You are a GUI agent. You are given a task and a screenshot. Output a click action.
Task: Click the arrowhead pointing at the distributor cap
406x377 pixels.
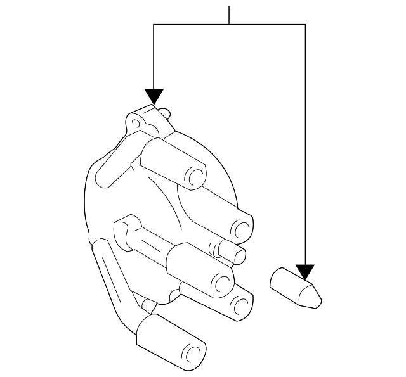[x=154, y=97]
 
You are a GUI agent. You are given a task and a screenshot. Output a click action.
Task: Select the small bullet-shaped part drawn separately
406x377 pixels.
[x=294, y=288]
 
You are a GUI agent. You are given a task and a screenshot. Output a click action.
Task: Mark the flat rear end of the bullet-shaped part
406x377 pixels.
[x=275, y=279]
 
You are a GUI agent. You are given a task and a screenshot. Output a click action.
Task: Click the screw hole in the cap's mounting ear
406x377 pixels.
[x=134, y=121]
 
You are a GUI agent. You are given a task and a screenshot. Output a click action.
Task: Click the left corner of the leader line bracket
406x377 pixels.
[x=154, y=24]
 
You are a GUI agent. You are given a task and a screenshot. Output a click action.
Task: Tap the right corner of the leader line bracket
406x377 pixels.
[x=305, y=24]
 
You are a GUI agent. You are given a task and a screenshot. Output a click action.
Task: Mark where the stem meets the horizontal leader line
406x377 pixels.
[x=229, y=24]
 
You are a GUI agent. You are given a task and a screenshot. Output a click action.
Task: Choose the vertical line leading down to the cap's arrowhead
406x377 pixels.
[x=154, y=57]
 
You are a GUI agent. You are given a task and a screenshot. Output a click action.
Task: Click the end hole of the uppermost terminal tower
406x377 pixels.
[x=197, y=176]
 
